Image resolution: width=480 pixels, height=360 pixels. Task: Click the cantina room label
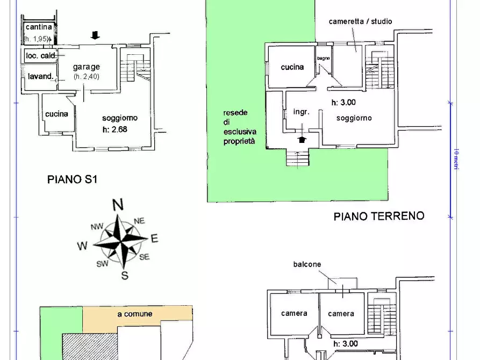(x=39, y=27)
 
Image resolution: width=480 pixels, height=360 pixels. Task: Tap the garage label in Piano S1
(x=87, y=67)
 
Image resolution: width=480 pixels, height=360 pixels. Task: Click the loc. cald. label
(x=41, y=55)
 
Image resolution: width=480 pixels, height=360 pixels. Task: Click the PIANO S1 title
(x=72, y=180)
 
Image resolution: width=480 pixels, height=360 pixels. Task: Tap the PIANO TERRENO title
(x=378, y=216)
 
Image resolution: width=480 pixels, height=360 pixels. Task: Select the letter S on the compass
(x=125, y=276)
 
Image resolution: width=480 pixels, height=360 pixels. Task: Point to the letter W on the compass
(x=82, y=246)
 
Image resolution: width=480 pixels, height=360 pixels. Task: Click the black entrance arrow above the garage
(x=95, y=35)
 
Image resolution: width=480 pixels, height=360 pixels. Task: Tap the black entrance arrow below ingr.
(x=302, y=140)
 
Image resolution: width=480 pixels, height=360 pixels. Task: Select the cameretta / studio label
(x=360, y=21)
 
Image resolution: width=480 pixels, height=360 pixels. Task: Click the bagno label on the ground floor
(x=323, y=58)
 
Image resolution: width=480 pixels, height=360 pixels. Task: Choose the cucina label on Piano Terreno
(x=292, y=67)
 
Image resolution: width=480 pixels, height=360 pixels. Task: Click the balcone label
(x=307, y=264)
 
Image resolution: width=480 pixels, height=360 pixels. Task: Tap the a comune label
(x=135, y=314)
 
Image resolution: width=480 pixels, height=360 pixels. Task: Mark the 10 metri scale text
(x=455, y=159)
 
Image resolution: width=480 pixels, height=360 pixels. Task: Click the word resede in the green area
(x=235, y=113)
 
